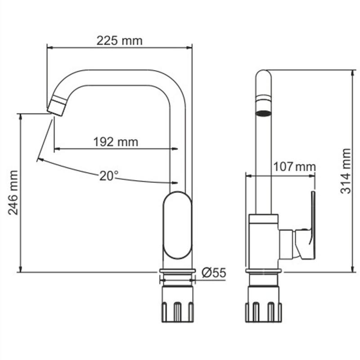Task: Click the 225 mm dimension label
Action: coord(120,40)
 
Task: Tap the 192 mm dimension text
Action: coord(116,142)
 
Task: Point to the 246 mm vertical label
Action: coord(14,192)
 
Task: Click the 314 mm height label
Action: coord(345,171)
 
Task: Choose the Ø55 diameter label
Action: coord(213,272)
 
